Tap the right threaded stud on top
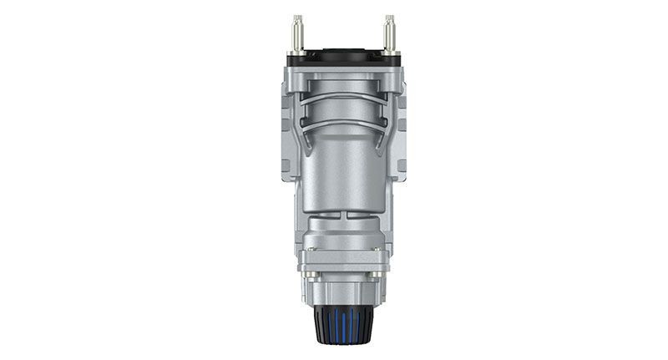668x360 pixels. pos(388,28)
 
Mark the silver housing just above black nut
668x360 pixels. pos(342,292)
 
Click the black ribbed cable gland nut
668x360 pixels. pos(342,323)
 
